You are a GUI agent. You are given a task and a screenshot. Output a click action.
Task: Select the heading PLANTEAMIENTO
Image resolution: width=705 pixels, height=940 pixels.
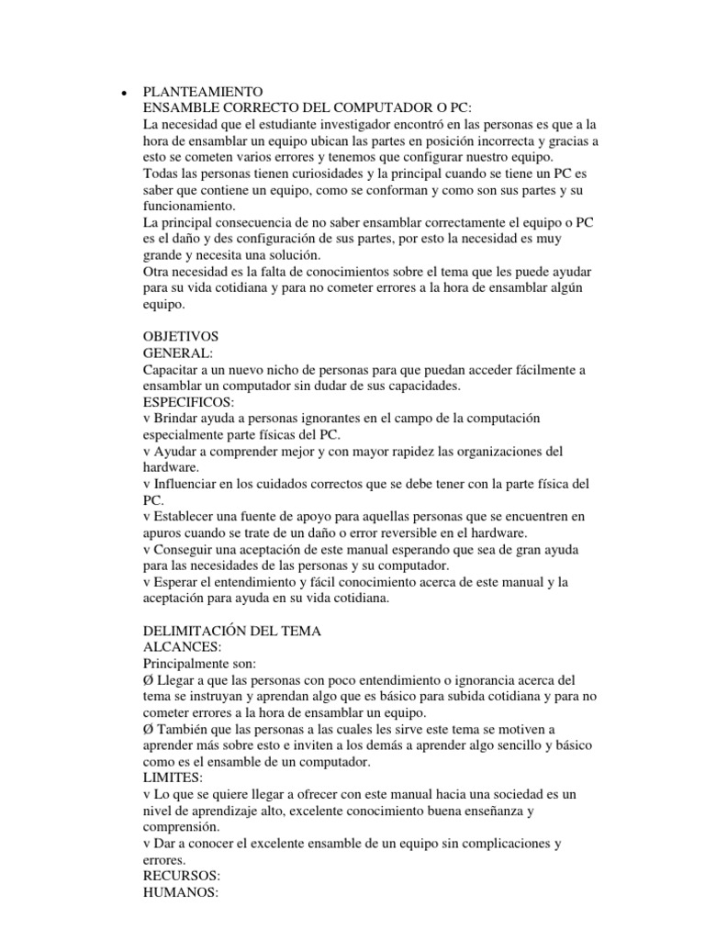pyautogui.click(x=203, y=92)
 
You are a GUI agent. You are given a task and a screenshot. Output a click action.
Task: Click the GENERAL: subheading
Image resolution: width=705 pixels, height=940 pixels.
pyautogui.click(x=178, y=352)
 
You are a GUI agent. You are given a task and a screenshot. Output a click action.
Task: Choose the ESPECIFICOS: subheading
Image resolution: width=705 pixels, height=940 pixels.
pyautogui.click(x=189, y=401)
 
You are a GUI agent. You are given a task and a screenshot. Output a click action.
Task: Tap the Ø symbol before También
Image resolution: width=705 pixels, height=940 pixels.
pyautogui.click(x=151, y=729)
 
